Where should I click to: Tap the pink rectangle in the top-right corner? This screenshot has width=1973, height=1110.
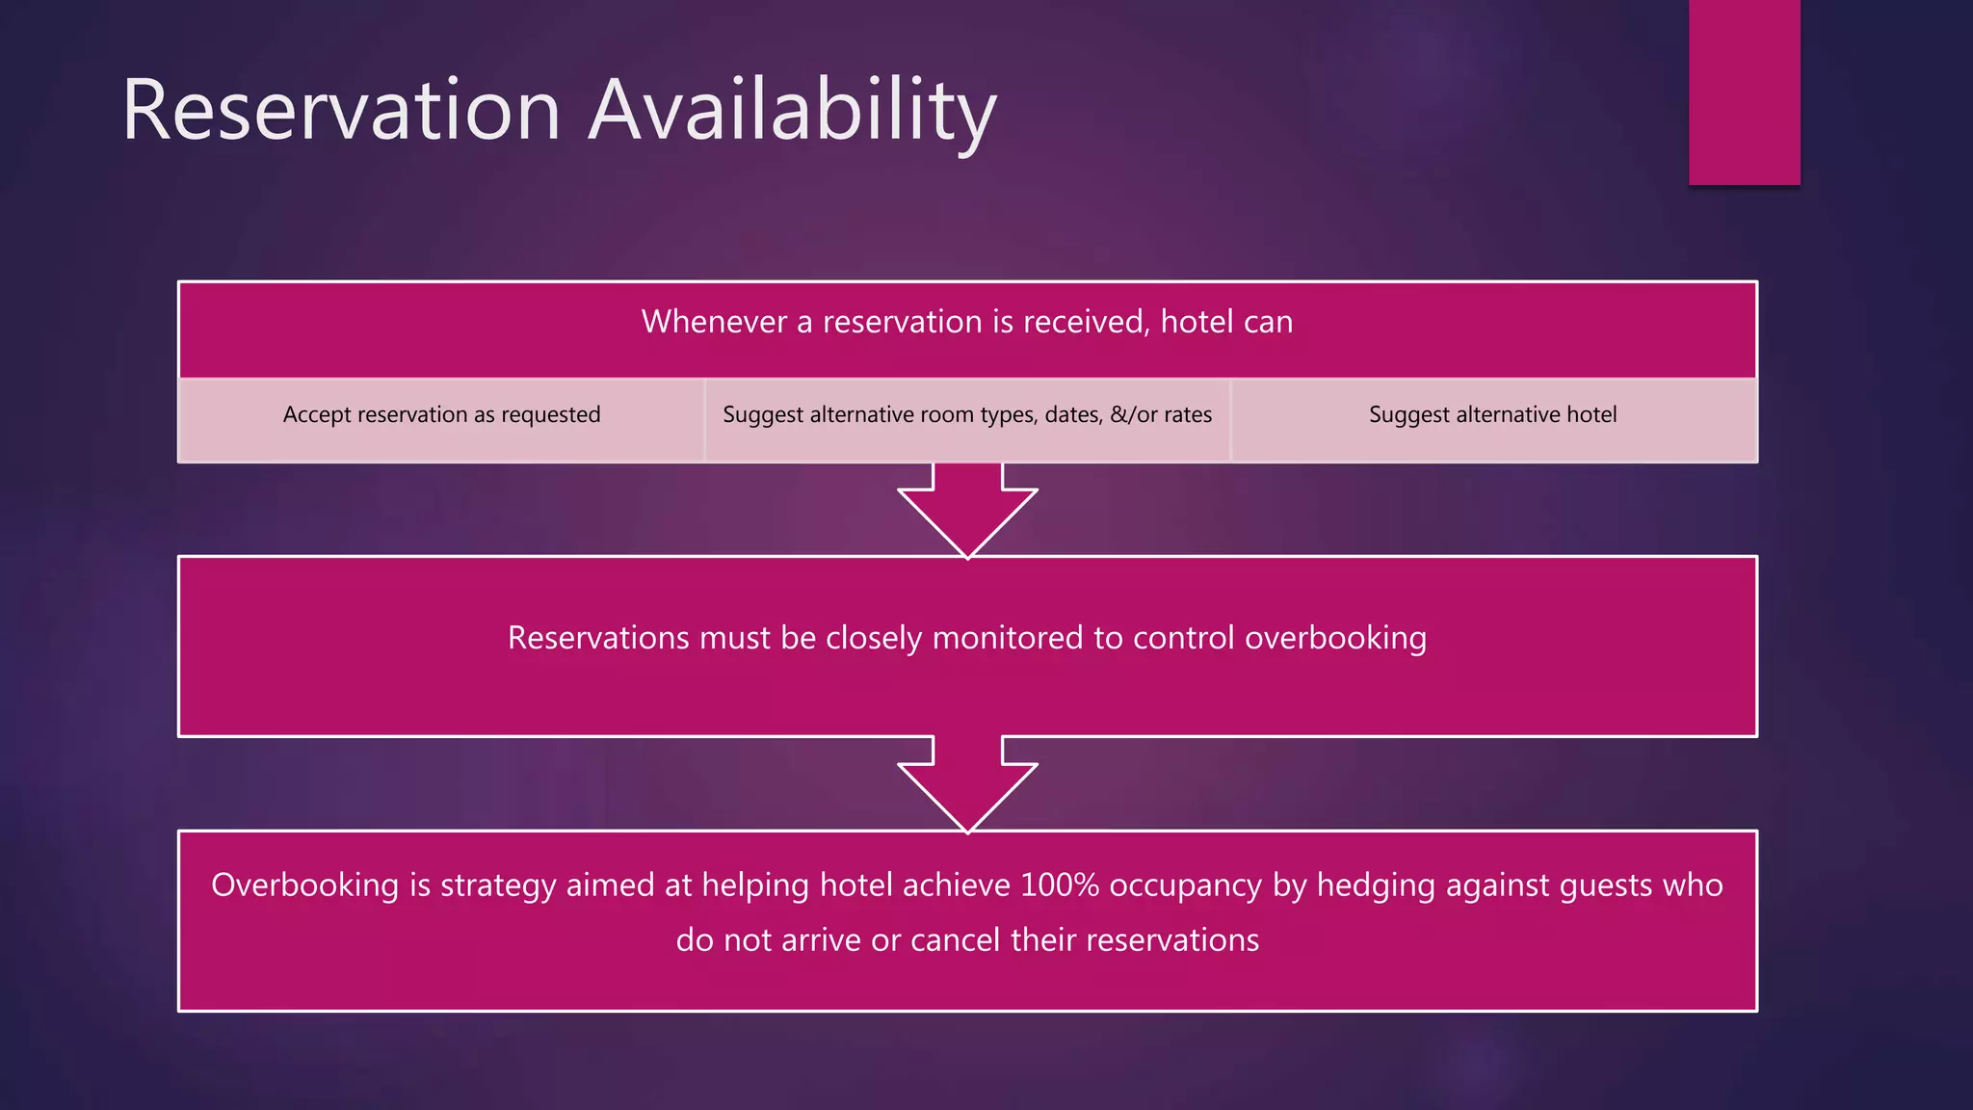pos(1744,92)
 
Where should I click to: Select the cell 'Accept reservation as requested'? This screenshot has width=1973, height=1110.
pos(441,415)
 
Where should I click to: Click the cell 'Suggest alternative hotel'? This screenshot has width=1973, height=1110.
pos(1492,415)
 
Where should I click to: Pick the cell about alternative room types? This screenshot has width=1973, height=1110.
pos(967,415)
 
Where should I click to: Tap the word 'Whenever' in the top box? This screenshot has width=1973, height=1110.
pos(714,322)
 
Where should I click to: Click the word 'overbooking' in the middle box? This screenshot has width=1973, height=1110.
pos(1335,639)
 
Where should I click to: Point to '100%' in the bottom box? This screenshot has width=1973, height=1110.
pos(1059,885)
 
